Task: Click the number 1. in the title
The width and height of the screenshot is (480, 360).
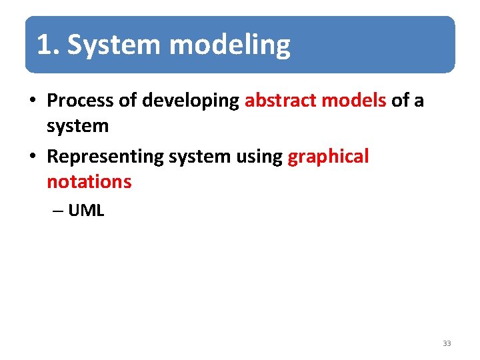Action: coord(49,45)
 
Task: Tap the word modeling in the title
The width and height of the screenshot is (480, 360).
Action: coord(230,45)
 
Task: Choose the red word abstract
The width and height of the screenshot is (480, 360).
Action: coord(281,101)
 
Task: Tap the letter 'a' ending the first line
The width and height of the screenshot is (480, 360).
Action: coord(418,101)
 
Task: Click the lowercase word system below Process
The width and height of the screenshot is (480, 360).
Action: coord(77,125)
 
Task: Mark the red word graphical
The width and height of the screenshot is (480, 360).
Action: coord(328,157)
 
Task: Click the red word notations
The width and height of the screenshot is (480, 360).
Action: coord(89,181)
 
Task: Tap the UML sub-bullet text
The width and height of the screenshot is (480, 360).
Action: coord(86,211)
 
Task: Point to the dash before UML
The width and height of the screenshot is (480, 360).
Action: coord(57,211)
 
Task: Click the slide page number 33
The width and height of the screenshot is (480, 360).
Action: coord(446,343)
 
